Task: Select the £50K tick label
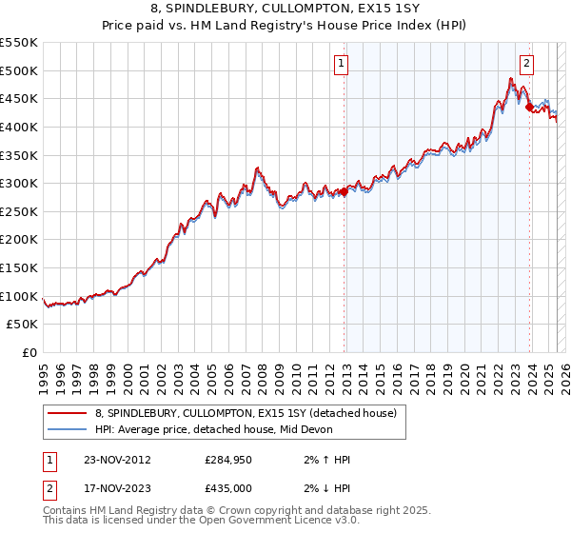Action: click(23, 325)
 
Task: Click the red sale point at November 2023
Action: click(529, 108)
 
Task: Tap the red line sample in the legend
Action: click(68, 412)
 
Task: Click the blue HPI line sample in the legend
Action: click(68, 429)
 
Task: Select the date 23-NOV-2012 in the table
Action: click(113, 459)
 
